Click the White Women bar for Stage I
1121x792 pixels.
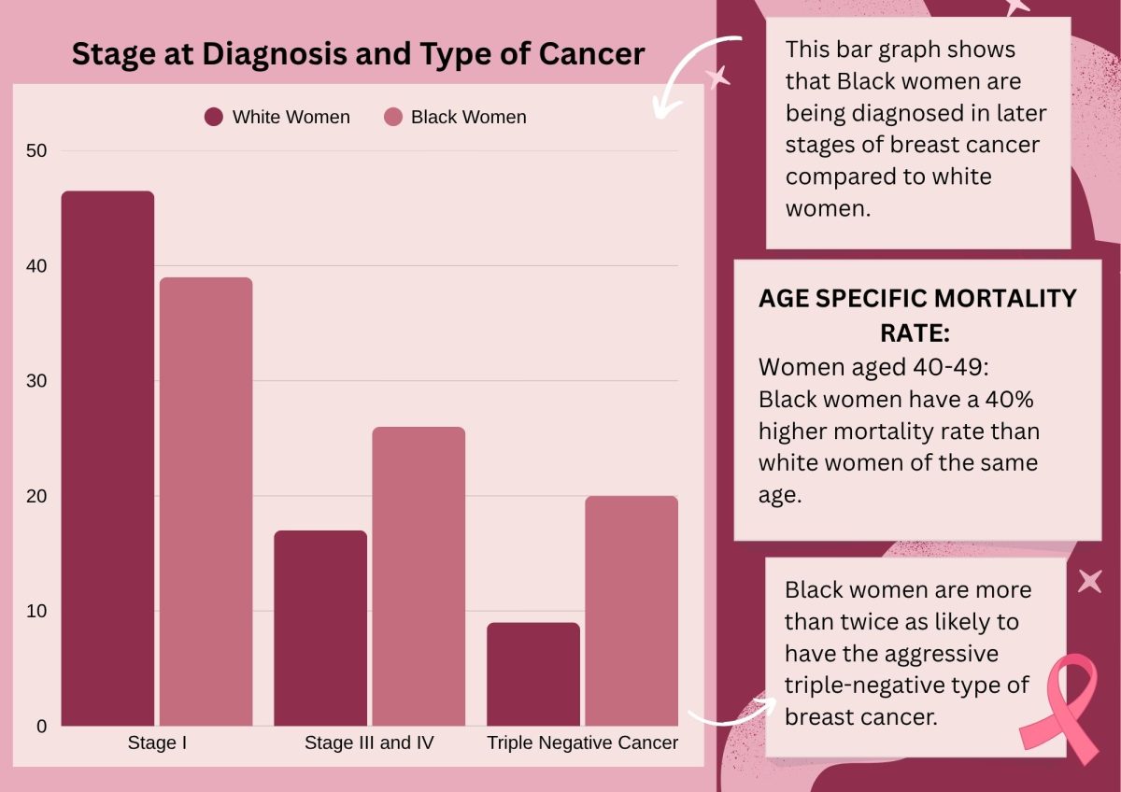point(107,458)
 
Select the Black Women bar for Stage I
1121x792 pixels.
point(206,502)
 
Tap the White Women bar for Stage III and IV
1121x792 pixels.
point(320,628)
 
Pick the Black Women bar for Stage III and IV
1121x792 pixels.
point(419,576)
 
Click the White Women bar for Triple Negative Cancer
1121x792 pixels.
point(533,674)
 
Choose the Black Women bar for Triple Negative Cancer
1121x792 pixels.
point(631,611)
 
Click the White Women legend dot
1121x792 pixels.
point(214,118)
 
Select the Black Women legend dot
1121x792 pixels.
point(393,118)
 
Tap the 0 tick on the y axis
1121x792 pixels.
point(41,727)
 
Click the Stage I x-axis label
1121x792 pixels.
point(157,743)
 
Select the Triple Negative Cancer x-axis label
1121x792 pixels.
point(583,743)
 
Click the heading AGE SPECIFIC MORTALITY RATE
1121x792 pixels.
point(916,315)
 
